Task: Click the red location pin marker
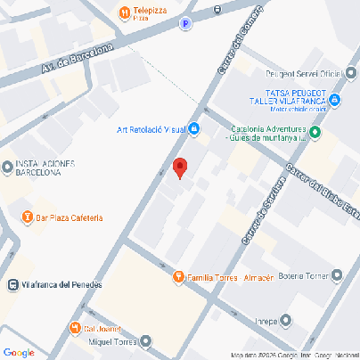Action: tap(180, 168)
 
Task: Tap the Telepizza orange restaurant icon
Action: tap(124, 11)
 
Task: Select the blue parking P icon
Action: tap(185, 25)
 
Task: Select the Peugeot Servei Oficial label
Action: tap(304, 73)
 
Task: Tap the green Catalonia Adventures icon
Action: tap(315, 134)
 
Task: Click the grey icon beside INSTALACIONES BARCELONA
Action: tap(7, 167)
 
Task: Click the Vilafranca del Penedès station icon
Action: tap(12, 285)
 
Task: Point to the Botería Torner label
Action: tap(304, 275)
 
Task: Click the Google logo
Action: tap(18, 353)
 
